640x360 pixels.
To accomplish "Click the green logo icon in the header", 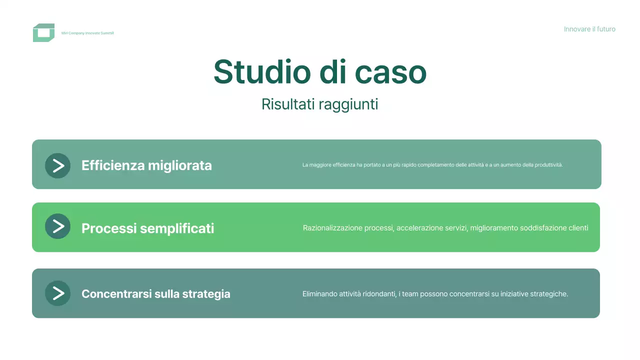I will [x=43, y=32].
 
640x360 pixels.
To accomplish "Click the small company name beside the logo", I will [x=87, y=33].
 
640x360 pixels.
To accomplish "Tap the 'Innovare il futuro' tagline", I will [x=589, y=29].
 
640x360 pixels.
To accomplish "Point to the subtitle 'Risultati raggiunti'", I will [x=319, y=104].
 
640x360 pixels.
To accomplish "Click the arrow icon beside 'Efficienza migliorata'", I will [x=58, y=165].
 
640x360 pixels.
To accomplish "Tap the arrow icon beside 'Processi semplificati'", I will [x=58, y=226].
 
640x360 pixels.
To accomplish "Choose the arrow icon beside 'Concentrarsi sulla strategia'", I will [x=58, y=293].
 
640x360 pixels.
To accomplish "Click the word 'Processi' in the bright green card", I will [x=109, y=228].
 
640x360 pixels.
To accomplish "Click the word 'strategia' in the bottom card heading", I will [x=206, y=294].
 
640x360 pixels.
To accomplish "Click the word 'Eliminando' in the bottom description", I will [x=319, y=294].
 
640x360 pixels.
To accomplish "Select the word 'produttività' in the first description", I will [x=548, y=165].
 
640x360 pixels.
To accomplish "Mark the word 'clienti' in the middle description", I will [x=578, y=228].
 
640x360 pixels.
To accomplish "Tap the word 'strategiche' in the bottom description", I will [x=549, y=294].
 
